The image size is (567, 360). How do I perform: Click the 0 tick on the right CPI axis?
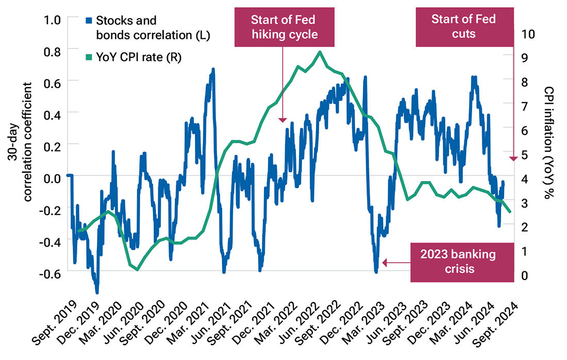click(525, 275)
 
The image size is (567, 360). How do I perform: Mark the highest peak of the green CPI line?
click(320, 52)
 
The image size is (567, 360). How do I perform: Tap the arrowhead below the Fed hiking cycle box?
click(282, 120)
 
